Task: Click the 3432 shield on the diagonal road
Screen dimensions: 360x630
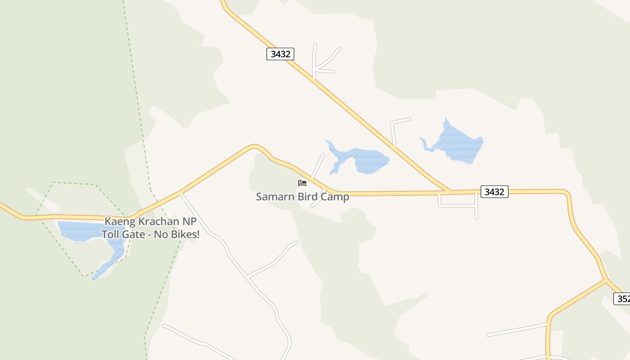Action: point(280,54)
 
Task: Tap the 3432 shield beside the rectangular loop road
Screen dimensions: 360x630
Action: point(494,192)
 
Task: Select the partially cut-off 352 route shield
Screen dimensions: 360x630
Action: point(622,298)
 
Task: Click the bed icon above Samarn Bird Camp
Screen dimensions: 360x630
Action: point(302,183)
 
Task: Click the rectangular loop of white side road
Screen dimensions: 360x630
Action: point(458,205)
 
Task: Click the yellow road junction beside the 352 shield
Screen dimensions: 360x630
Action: point(606,280)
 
